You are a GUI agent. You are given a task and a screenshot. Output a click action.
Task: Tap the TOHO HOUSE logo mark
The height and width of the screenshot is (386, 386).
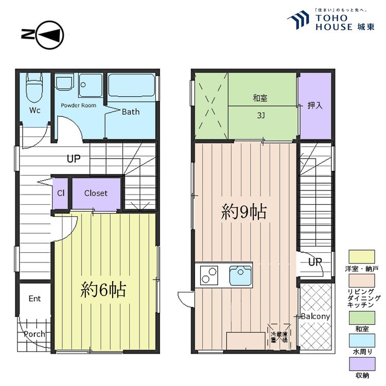point(299,22)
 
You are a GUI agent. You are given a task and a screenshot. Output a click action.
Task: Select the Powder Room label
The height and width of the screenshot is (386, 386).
point(78,105)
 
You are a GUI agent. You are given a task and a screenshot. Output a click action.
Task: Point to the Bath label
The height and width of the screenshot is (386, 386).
point(130,112)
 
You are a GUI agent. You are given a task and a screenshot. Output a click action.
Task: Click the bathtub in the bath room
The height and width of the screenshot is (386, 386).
point(132,86)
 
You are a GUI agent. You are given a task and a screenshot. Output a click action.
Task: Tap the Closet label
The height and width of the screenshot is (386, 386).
point(96,194)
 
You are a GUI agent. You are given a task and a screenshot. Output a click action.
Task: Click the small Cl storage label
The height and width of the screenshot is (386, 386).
point(61,194)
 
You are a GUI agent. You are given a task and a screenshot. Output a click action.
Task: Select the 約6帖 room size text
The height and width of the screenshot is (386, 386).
point(103,290)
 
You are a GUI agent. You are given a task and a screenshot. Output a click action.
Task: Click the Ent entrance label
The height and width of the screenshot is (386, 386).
point(34,299)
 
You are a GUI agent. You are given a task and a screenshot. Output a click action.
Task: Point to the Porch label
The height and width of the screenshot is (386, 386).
point(34,334)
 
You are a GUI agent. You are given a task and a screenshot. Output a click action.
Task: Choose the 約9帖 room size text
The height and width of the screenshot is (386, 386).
point(244,212)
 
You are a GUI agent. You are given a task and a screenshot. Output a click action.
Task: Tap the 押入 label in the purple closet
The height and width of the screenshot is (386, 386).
point(315,106)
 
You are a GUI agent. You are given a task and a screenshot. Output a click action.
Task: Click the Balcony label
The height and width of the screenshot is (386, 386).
point(315,316)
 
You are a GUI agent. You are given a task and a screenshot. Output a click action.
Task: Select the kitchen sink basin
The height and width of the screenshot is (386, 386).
point(240,276)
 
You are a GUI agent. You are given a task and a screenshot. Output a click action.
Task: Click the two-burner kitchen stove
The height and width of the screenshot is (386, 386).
point(208,275)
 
